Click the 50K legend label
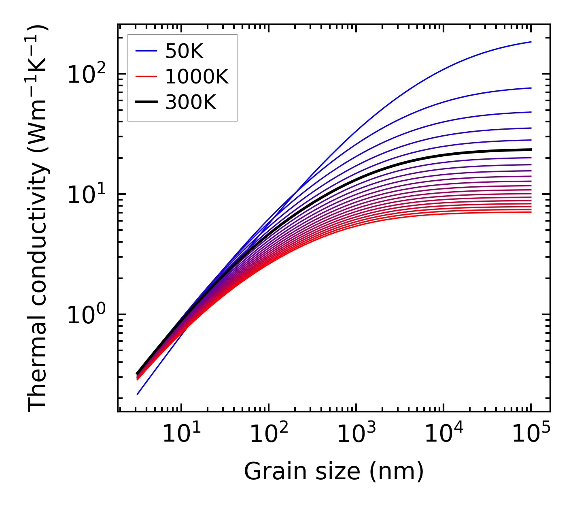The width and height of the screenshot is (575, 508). [184, 51]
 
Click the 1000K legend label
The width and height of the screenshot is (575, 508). [197, 77]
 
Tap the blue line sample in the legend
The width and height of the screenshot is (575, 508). [146, 51]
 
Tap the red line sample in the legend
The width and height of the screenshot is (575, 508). [146, 77]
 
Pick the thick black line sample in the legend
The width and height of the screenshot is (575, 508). [146, 102]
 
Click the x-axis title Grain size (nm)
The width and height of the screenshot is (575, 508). [334, 471]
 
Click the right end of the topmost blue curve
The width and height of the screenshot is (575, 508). [531, 42]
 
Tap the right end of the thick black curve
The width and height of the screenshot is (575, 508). [531, 149]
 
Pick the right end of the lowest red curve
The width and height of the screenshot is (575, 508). [531, 212]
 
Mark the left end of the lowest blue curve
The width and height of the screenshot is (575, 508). [138, 394]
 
